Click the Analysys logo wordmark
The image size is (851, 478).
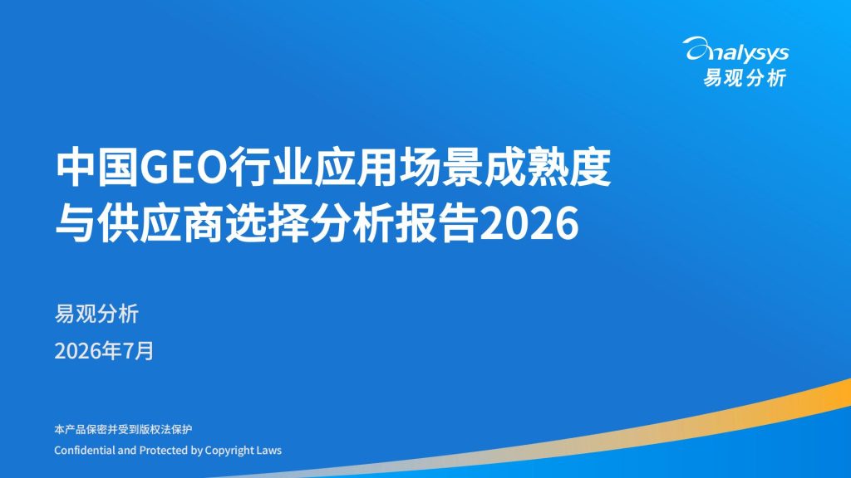(736, 50)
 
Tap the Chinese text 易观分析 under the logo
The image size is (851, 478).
(745, 78)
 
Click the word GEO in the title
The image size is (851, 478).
(182, 168)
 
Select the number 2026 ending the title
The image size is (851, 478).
(529, 224)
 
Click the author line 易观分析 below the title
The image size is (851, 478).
(96, 314)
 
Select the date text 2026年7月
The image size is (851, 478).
(104, 351)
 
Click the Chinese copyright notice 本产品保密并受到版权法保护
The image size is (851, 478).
(123, 429)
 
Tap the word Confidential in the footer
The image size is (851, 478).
(84, 450)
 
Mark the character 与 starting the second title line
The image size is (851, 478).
(76, 223)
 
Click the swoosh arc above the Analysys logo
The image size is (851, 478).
(700, 41)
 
